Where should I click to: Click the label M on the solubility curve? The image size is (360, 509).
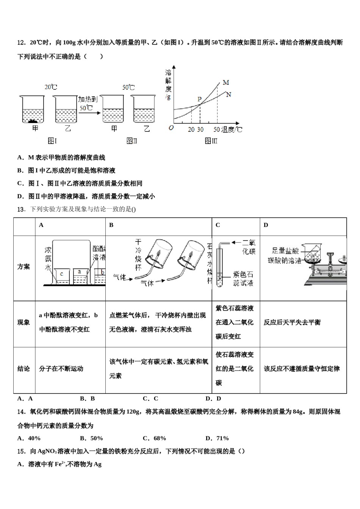pyautogui.click(x=226, y=83)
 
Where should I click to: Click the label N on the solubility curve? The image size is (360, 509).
pyautogui.click(x=229, y=95)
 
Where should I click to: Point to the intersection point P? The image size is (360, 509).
pyautogui.click(x=199, y=100)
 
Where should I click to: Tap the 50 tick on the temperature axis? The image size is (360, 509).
pyautogui.click(x=217, y=130)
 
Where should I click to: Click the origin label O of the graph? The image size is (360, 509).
pyautogui.click(x=171, y=128)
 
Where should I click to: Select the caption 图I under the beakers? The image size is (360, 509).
pyautogui.click(x=52, y=141)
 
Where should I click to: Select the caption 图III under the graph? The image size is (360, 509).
pyautogui.click(x=211, y=141)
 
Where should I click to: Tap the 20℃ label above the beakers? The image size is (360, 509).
pyautogui.click(x=51, y=87)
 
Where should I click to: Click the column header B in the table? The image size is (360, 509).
pyautogui.click(x=111, y=225)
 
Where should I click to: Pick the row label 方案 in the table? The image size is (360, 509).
pyautogui.click(x=23, y=267)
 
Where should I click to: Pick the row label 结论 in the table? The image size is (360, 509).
pyautogui.click(x=23, y=368)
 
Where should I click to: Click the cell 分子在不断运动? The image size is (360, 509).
pyautogui.click(x=61, y=368)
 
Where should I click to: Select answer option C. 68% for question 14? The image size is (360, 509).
pyautogui.click(x=154, y=438)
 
